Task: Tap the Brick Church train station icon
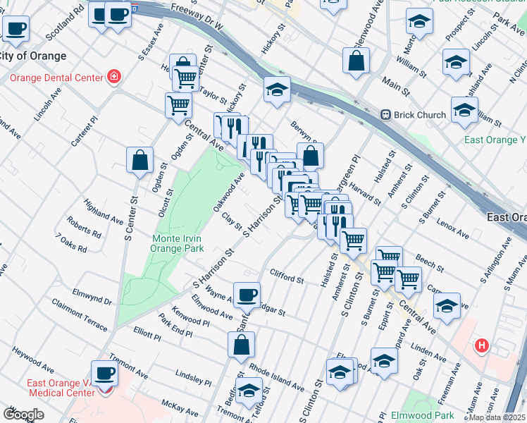coord(386,114)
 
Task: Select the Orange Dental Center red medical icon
coord(113,77)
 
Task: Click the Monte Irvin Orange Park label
coord(178,243)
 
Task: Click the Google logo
coord(23,415)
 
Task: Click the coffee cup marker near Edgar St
coord(247,295)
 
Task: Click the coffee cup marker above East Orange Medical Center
coord(105,372)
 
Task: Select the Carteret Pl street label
coord(82,133)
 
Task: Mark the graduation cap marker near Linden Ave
coord(447,306)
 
